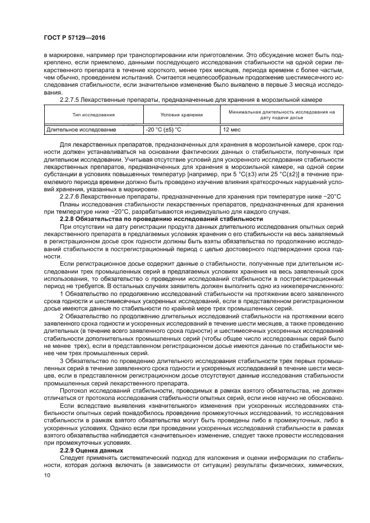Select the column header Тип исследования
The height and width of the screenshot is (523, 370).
93,115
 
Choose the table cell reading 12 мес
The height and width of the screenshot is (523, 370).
232,130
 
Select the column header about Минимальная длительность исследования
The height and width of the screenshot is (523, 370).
278,115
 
